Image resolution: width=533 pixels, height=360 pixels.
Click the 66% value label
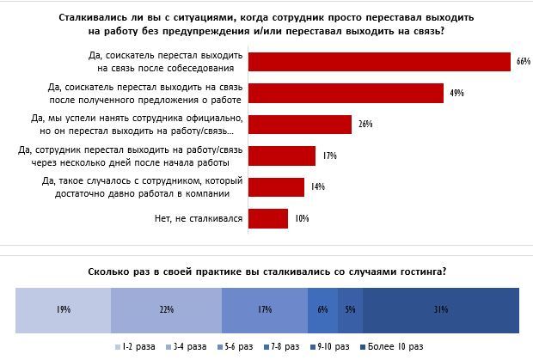click(521, 62)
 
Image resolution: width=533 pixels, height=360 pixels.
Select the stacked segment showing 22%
click(167, 308)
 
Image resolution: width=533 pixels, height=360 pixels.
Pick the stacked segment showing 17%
click(265, 308)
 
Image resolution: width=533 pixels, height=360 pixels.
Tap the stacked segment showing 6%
click(322, 308)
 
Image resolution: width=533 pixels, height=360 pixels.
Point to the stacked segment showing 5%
click(350, 308)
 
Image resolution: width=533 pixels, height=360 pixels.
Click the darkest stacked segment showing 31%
click(441, 308)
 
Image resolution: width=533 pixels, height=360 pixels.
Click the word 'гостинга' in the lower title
click(422, 272)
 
